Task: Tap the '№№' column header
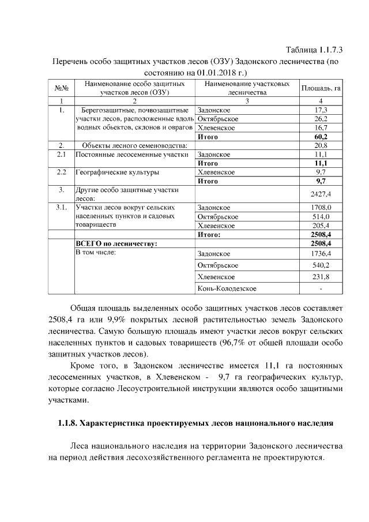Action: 61,88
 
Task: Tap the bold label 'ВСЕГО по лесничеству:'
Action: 116,243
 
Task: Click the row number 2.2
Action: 61,172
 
